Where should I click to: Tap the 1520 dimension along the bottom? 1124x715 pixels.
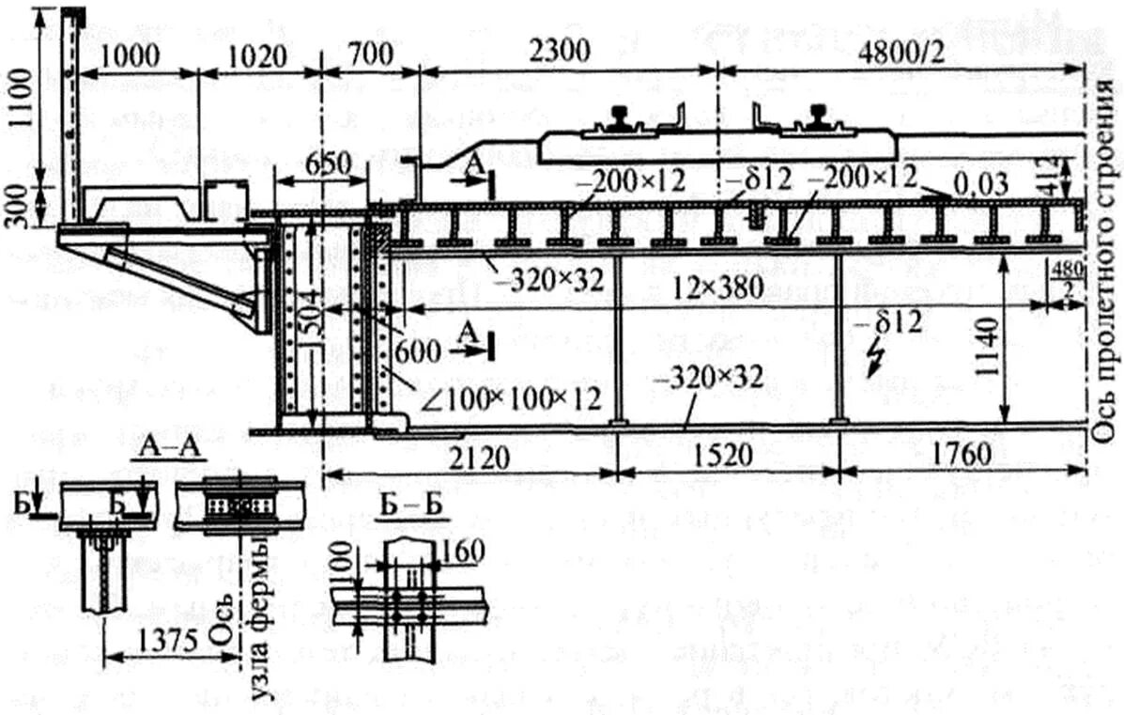point(727,458)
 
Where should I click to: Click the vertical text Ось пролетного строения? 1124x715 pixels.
point(1104,244)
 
